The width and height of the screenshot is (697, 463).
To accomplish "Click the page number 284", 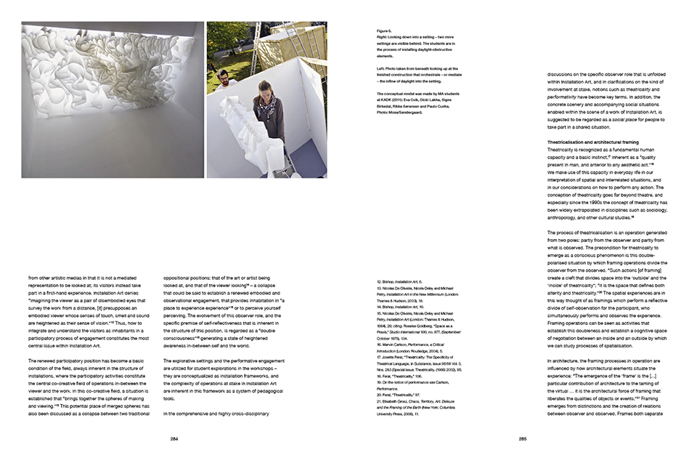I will click(x=174, y=438).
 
